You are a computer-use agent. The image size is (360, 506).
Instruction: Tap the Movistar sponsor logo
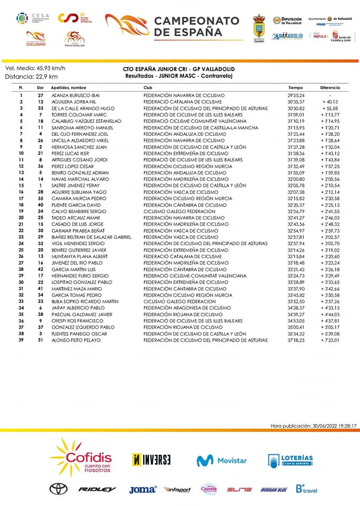point(221,460)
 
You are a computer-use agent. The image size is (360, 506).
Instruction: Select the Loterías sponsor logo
point(290,460)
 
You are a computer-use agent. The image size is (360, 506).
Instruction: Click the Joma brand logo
point(142,490)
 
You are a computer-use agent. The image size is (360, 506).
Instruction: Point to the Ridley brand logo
point(97,490)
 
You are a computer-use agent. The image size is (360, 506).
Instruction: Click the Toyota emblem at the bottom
point(59,489)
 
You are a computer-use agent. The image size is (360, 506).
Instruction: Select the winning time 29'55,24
point(296,95)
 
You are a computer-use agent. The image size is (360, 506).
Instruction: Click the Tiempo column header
point(295,87)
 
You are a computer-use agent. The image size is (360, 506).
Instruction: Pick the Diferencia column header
point(330,87)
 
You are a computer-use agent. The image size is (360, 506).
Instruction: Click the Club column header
point(148,87)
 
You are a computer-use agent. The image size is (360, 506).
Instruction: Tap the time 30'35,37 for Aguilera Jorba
point(296,102)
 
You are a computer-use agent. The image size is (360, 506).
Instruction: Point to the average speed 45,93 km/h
point(52,68)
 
